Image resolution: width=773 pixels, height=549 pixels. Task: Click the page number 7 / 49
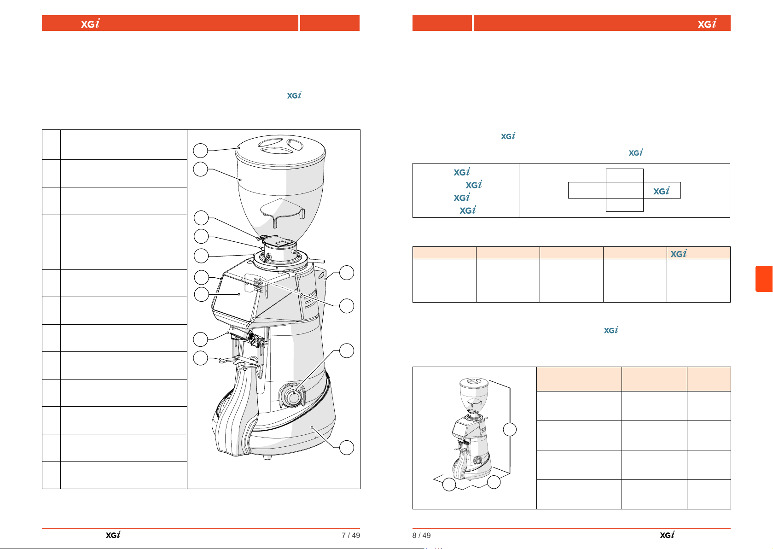(x=351, y=535)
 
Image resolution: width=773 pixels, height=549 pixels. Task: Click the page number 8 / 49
(x=421, y=535)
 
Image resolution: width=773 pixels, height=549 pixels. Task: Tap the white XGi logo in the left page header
(x=90, y=23)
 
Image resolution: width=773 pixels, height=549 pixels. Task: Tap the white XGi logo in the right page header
(x=707, y=23)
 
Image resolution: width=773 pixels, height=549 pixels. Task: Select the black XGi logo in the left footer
(x=113, y=535)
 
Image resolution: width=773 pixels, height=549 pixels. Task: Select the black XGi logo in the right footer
(x=667, y=535)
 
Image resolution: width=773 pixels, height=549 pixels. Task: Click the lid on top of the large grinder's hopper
(x=280, y=151)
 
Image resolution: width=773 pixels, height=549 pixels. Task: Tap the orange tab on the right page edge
(x=764, y=279)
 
